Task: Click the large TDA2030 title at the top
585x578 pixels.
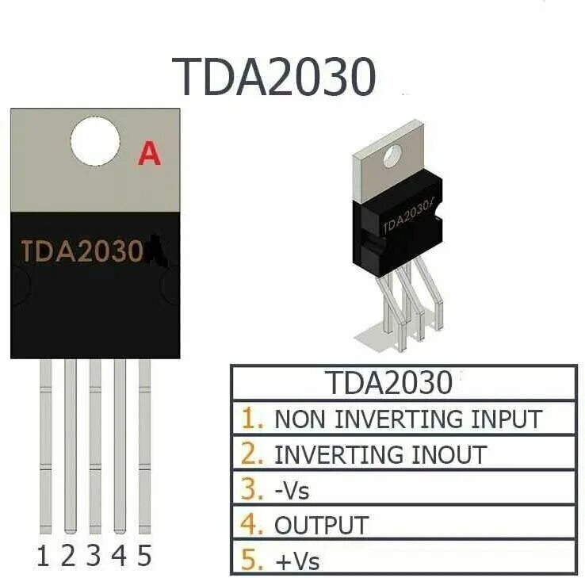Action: tap(276, 76)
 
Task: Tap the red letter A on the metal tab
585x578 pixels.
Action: tap(149, 153)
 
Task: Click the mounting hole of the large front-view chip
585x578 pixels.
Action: tap(95, 144)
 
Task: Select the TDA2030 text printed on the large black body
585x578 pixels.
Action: tap(82, 252)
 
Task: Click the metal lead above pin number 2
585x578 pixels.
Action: tap(70, 444)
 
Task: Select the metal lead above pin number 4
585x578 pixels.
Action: tap(120, 444)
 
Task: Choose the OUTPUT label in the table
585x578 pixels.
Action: tap(321, 525)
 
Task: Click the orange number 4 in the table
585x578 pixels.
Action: tap(252, 524)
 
